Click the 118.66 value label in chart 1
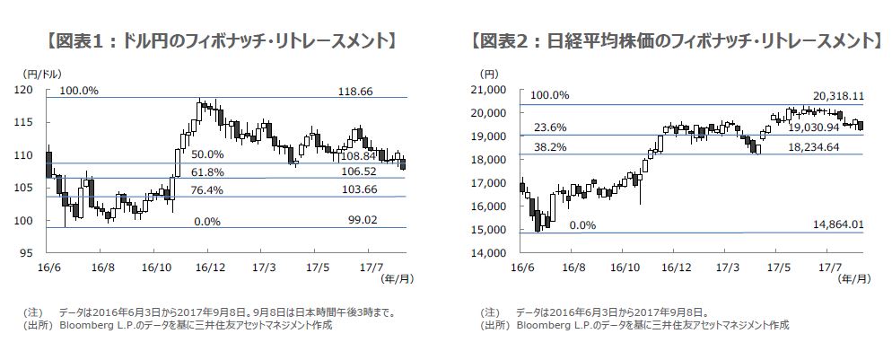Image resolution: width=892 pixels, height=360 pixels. coord(355,92)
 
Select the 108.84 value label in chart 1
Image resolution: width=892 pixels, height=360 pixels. coord(365,155)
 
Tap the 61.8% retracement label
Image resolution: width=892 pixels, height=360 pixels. coord(208,171)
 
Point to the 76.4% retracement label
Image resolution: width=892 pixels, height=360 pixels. coord(208,189)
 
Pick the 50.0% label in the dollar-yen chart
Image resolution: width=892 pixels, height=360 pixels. coord(208,155)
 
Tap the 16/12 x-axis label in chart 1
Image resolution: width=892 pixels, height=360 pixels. coord(209,268)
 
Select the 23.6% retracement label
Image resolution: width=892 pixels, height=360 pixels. coord(549,127)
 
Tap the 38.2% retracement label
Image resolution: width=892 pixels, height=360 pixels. coord(549,147)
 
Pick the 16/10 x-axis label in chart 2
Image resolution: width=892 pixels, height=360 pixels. coord(625,268)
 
